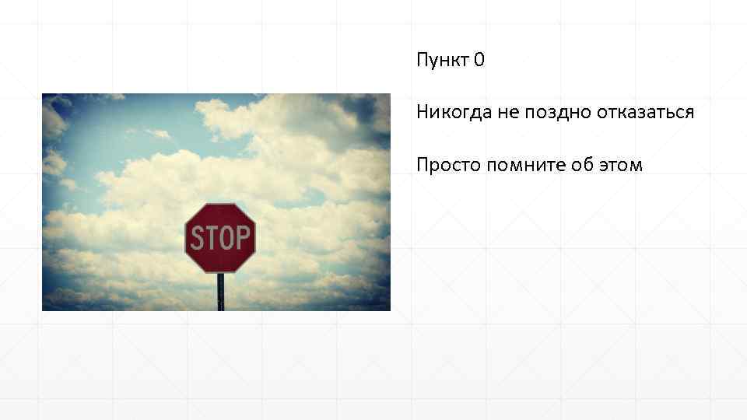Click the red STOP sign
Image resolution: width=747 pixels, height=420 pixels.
[220, 238]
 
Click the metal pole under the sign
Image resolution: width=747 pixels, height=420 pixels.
[221, 292]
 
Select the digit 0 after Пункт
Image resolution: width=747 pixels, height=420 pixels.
[479, 60]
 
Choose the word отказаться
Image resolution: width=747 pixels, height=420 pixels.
[645, 112]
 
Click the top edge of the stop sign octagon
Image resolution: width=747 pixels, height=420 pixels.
[220, 205]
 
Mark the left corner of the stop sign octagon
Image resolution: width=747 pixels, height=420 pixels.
[185, 238]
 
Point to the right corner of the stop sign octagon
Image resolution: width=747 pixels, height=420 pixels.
[255, 238]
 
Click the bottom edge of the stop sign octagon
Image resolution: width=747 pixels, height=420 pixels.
[220, 271]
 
